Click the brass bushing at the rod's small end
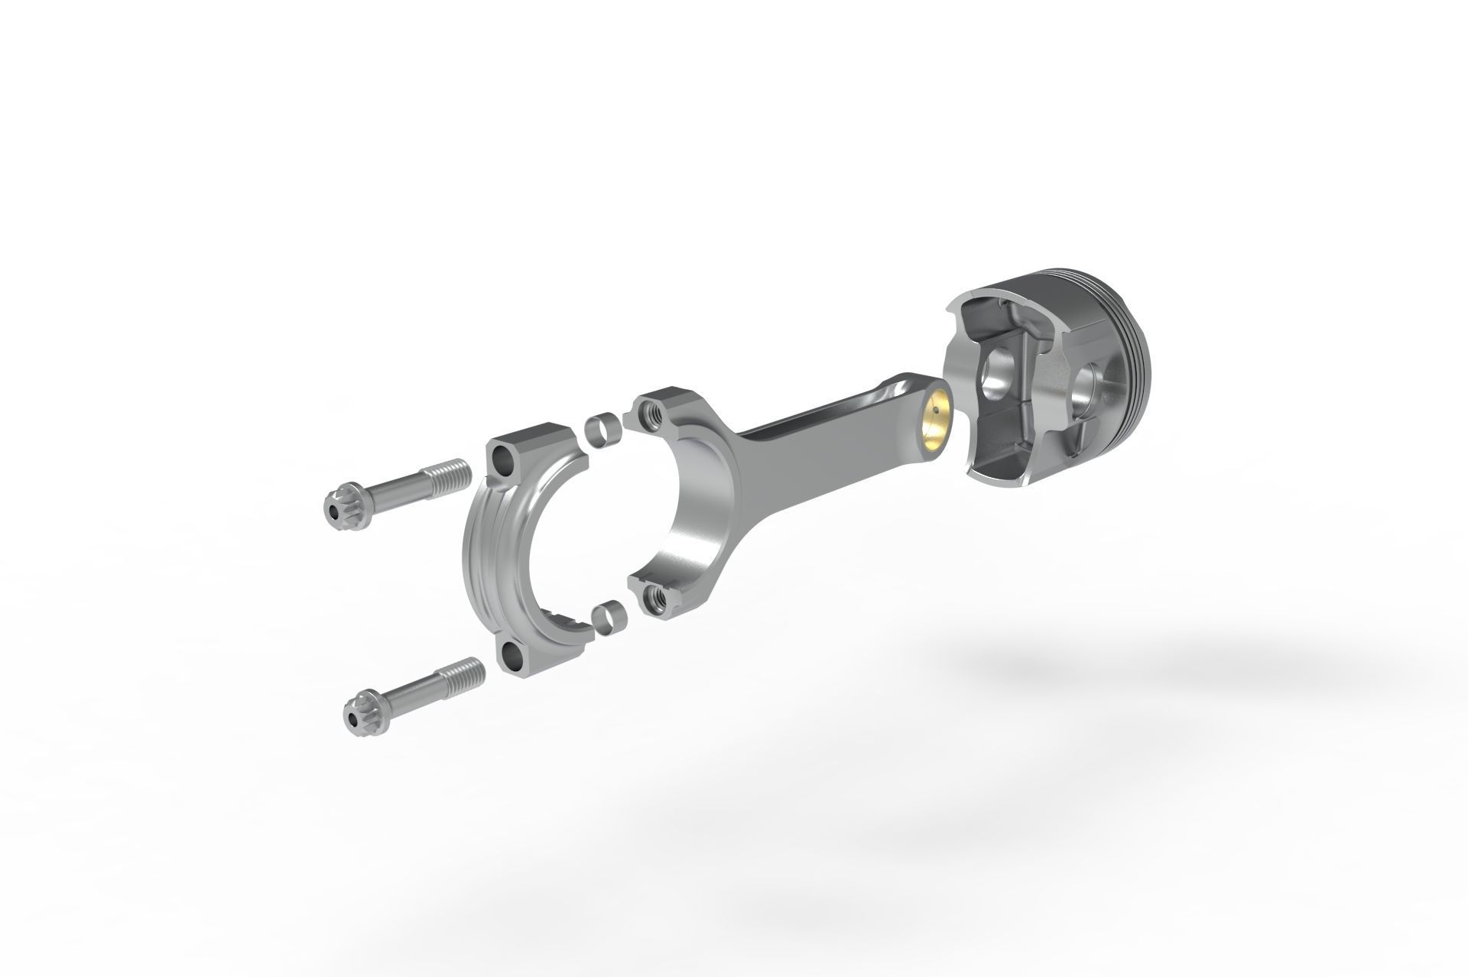coord(937,422)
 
